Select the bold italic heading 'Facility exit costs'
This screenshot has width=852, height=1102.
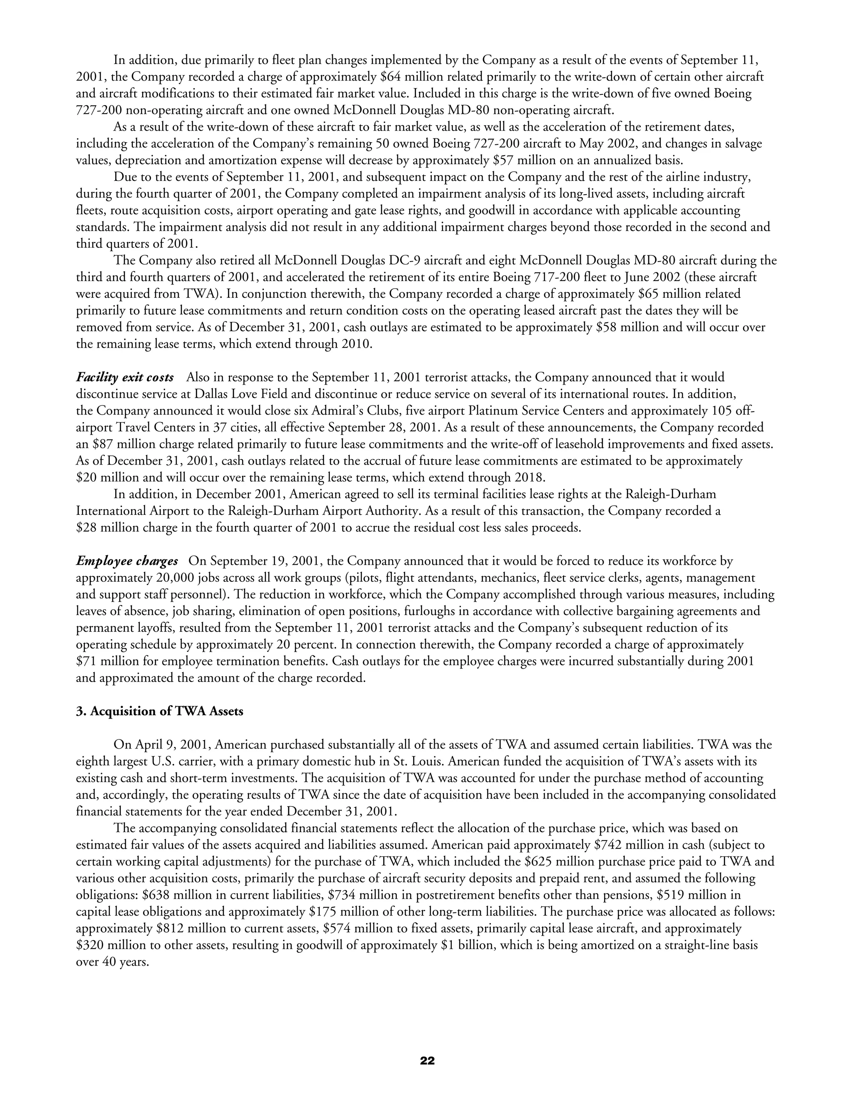(125, 378)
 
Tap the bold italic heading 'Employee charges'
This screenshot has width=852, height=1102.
(127, 561)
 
